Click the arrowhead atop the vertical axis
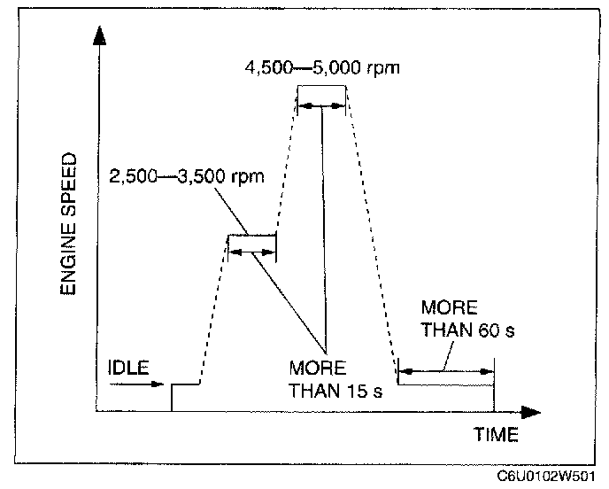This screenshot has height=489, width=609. [99, 35]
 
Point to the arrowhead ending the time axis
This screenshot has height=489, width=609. [531, 413]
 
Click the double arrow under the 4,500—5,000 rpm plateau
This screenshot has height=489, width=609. [321, 105]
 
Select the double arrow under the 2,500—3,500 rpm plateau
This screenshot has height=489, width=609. [251, 252]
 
